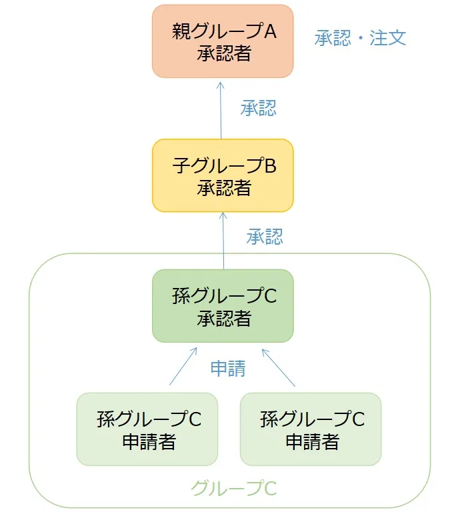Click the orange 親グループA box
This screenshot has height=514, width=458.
pos(223,41)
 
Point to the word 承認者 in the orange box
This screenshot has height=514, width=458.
pos(224,54)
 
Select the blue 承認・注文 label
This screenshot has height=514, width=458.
pos(360,37)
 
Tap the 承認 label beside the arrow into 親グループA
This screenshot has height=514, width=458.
pos(258,109)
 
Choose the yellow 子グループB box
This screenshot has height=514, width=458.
pos(223,175)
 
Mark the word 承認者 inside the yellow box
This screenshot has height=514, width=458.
pos(224,188)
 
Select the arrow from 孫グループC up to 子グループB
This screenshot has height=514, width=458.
pos(222,241)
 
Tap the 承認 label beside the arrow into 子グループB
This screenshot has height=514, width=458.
pos(265,237)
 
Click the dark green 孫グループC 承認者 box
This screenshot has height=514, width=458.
pos(223,306)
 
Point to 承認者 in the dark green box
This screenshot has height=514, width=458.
pos(224,318)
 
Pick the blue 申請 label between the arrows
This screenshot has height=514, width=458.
pos(228,369)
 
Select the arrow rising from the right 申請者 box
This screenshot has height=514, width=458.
pos(278,366)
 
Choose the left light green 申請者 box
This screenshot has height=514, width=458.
pos(147,429)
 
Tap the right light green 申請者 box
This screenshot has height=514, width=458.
pos(311,429)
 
